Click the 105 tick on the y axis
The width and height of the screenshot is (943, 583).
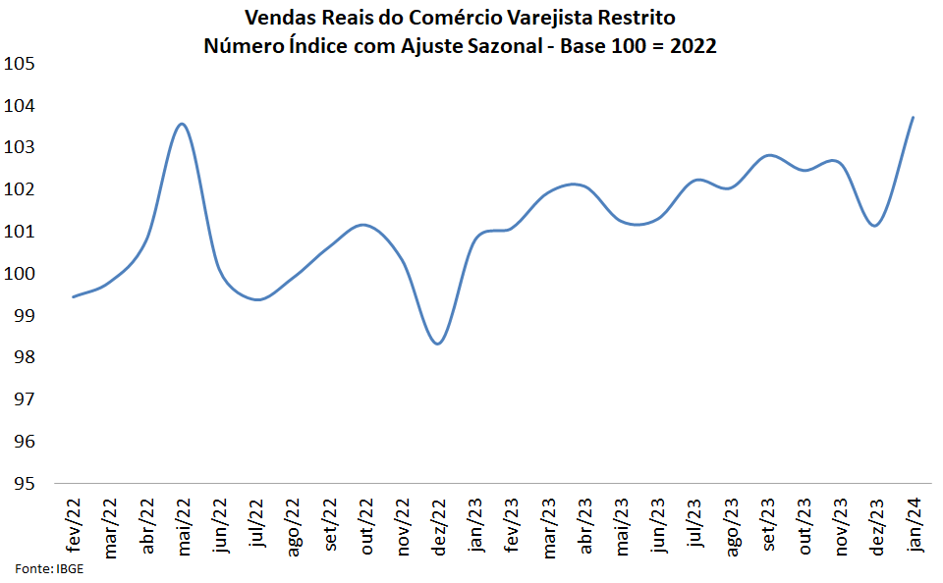21,64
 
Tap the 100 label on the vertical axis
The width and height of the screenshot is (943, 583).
21,274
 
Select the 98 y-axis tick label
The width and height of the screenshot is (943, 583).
24,358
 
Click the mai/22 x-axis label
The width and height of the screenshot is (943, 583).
183,528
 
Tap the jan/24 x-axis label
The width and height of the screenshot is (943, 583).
913,526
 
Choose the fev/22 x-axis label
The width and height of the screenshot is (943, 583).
74,527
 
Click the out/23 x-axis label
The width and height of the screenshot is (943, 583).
804,527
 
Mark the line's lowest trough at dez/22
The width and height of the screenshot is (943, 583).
438,344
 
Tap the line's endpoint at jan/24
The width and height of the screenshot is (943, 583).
914,118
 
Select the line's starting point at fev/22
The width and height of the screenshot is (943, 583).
74,296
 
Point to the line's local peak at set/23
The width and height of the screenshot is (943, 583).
768,155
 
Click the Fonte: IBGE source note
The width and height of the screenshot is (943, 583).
48,569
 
